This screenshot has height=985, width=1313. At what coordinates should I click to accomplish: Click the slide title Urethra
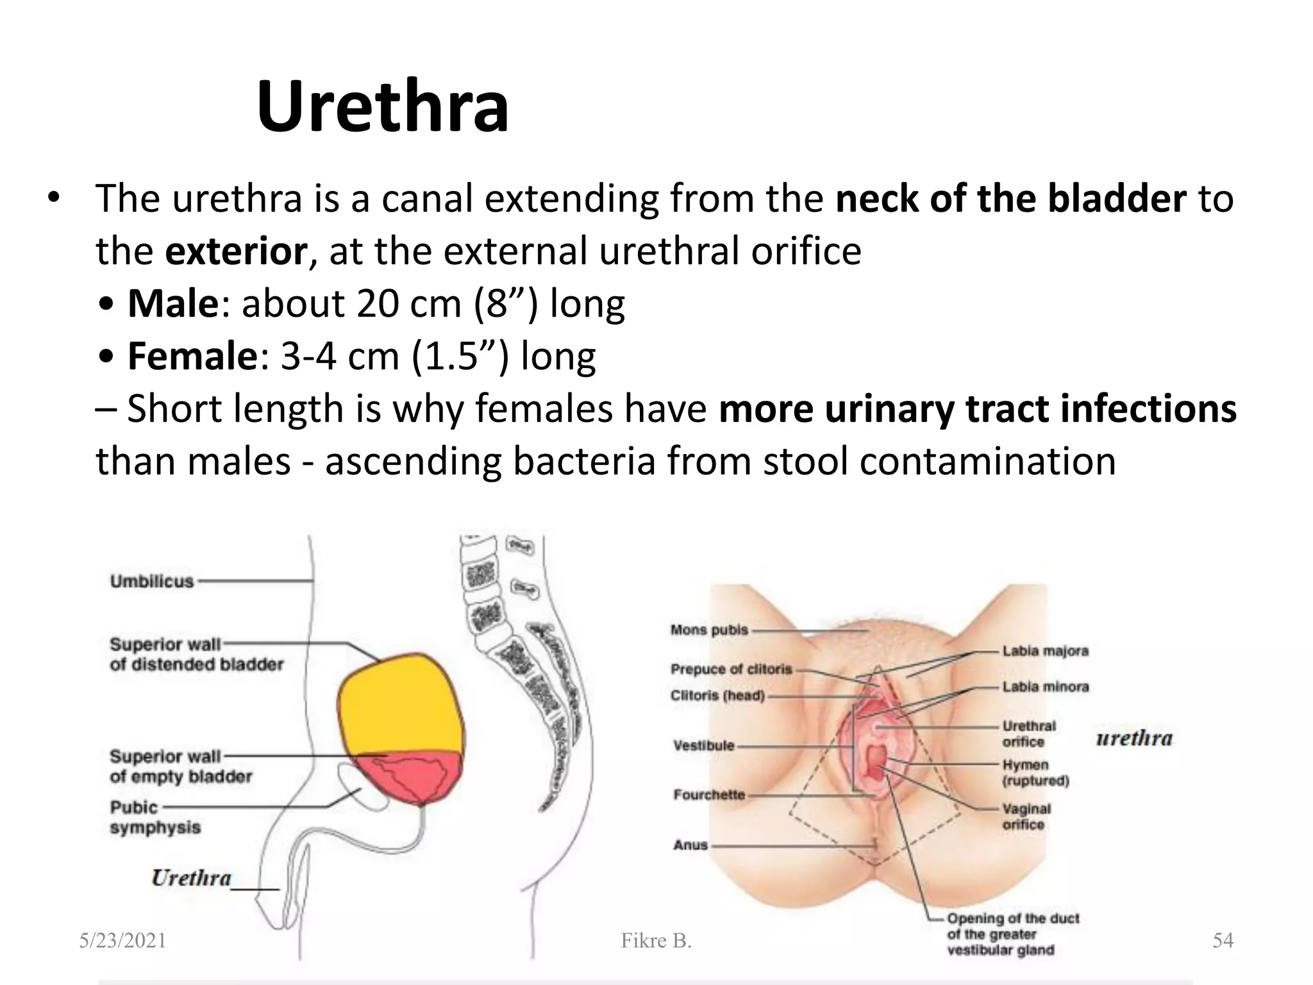[383, 106]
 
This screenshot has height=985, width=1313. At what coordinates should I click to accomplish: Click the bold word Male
[173, 303]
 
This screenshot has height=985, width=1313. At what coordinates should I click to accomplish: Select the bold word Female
[192, 356]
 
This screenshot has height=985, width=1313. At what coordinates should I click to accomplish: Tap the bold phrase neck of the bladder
[1011, 198]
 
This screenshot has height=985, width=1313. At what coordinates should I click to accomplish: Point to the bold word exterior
[236, 251]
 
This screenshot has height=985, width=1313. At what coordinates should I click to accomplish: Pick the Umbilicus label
[152, 582]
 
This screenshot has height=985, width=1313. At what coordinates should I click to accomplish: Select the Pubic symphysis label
[155, 817]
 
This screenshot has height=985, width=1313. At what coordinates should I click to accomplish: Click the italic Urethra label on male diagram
[191, 877]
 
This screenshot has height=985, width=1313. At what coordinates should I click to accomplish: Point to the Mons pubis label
[709, 630]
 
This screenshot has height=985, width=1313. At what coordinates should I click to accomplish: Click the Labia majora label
[1046, 652]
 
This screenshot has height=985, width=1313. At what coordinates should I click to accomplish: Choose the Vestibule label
[703, 745]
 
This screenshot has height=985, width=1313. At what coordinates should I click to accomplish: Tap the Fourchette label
[709, 795]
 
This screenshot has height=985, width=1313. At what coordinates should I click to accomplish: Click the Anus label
[690, 845]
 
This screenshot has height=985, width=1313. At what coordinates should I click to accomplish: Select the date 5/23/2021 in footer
[122, 941]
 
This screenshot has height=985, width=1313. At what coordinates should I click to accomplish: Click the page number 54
[1223, 941]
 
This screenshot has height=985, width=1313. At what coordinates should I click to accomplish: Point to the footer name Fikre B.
[656, 941]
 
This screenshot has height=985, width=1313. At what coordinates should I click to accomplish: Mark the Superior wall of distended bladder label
[196, 654]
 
